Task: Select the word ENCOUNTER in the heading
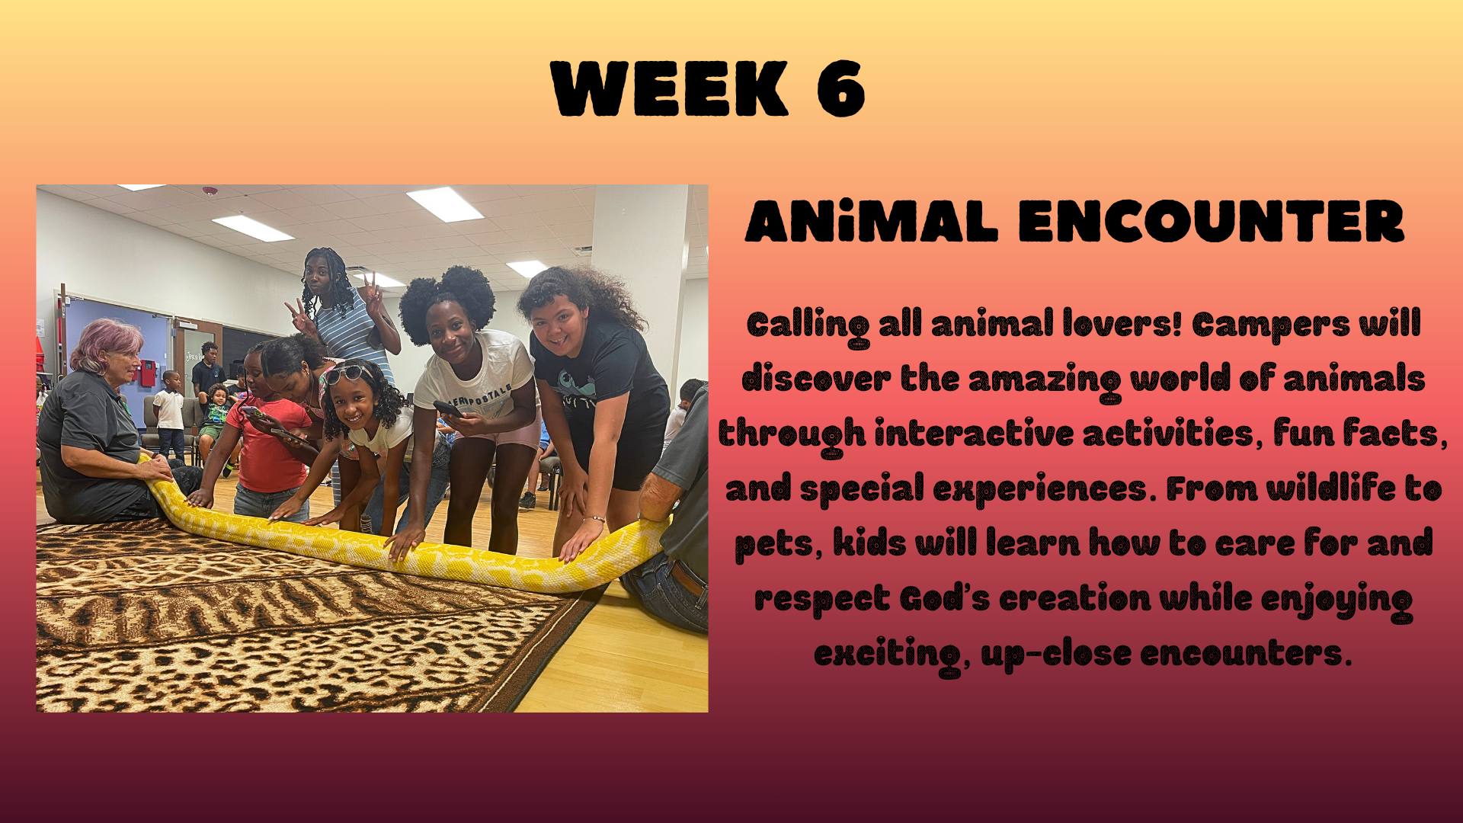pos(1211,222)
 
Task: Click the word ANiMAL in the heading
pos(872,222)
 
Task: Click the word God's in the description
pos(944,598)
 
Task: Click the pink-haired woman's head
pos(108,350)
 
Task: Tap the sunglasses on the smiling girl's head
pos(347,373)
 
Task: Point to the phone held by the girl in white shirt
pos(448,409)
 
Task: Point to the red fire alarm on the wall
pos(147,373)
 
